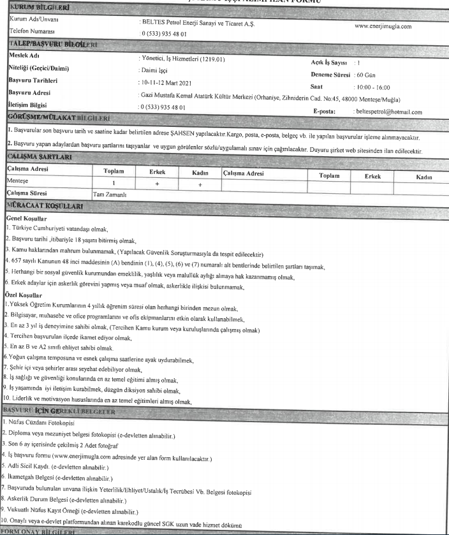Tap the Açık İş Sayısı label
[329, 63]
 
